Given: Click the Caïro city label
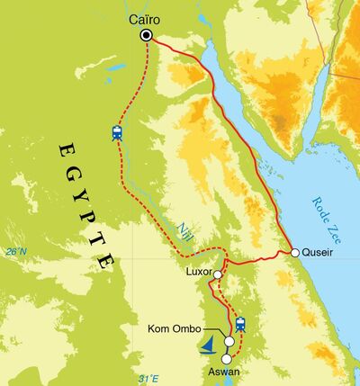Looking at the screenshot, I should click(147, 17).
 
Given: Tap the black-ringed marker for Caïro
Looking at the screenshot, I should click(147, 36).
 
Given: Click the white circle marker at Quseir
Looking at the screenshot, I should click(294, 253).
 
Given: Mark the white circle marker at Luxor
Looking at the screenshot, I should click(218, 274).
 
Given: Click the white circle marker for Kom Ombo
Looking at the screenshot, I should click(229, 342).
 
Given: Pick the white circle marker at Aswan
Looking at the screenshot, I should click(226, 358).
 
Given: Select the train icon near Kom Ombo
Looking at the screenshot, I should click(239, 323).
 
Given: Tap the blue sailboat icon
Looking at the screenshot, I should click(209, 343).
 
